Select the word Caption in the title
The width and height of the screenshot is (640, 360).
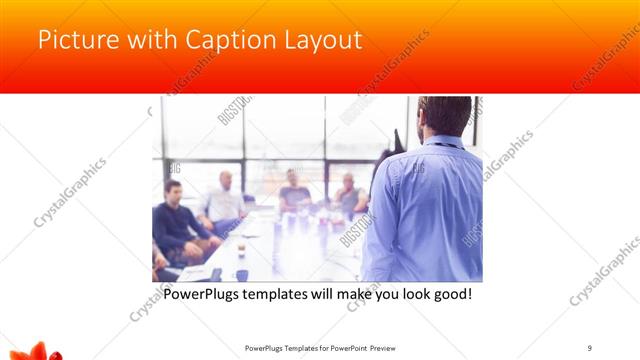pyautogui.click(x=217, y=41)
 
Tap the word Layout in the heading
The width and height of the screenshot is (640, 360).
pyautogui.click(x=317, y=41)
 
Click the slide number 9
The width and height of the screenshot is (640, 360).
pyautogui.click(x=590, y=346)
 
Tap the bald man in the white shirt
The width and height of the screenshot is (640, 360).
pyautogui.click(x=224, y=201)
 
